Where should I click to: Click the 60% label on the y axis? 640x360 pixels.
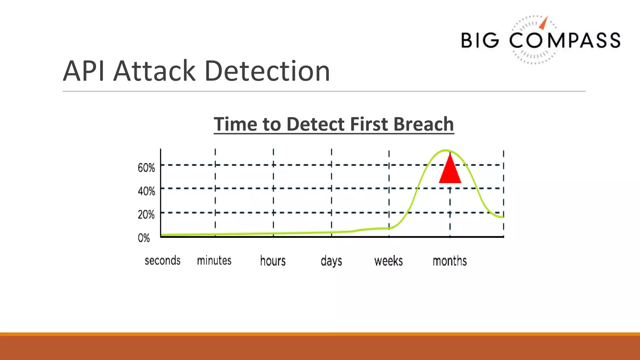coord(146,168)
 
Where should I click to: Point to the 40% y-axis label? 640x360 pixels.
coord(146,191)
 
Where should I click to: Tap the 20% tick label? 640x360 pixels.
coord(146,214)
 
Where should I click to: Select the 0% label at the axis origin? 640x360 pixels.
coord(144,238)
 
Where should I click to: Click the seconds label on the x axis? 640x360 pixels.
coord(162,260)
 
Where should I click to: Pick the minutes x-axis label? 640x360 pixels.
coord(214,260)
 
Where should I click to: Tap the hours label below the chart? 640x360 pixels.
coord(273,261)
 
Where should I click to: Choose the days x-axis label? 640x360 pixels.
coord(331,261)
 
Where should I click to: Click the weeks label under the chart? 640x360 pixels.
coord(388,261)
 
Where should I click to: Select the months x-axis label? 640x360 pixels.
coord(450,261)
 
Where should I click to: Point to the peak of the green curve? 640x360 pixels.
coord(446,150)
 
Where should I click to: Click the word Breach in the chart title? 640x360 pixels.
coord(423,124)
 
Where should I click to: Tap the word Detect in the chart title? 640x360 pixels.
coord(316,124)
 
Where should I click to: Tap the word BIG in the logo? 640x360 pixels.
coord(480,41)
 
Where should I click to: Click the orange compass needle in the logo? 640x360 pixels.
coord(544,23)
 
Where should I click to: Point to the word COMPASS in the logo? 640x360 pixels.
coord(565,41)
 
